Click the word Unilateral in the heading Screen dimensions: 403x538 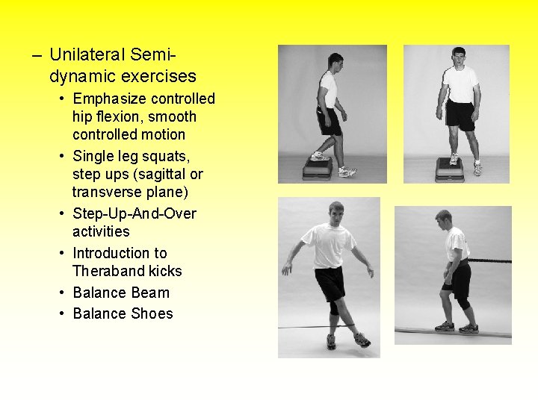[x=87, y=54]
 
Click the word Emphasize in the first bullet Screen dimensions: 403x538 [x=110, y=99]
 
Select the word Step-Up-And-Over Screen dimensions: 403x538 [x=134, y=213]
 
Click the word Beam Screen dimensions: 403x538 [x=150, y=293]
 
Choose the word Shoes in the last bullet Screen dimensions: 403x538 [x=152, y=313]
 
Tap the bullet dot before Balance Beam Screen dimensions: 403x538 [x=63, y=293]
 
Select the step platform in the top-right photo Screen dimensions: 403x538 [x=450, y=169]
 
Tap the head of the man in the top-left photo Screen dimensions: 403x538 [x=335, y=61]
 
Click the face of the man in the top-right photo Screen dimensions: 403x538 [x=458, y=58]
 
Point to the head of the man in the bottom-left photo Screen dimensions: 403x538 [x=336, y=213]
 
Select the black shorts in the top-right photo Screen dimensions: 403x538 [x=460, y=114]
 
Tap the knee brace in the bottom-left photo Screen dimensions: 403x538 [x=333, y=307]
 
